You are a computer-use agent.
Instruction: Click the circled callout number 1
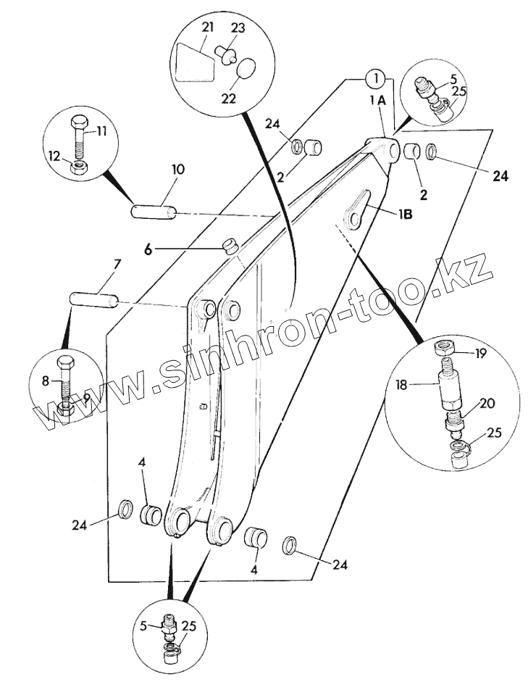tap(373, 77)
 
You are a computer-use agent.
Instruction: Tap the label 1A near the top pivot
tap(377, 101)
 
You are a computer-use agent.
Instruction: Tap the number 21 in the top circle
tap(208, 28)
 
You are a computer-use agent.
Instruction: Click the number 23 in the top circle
tap(238, 29)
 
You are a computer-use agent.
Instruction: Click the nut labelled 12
tap(78, 167)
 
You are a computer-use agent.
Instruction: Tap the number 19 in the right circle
tap(482, 354)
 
